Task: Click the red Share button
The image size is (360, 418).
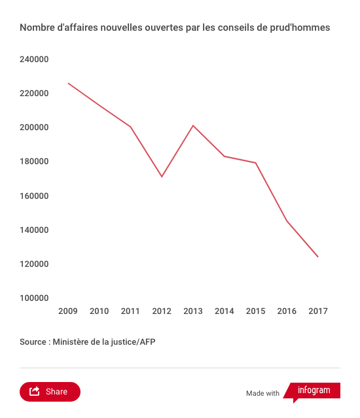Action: (x=50, y=392)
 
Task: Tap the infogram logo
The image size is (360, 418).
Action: (x=312, y=392)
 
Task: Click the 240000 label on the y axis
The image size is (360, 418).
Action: (x=34, y=59)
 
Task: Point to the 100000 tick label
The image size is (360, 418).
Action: (x=34, y=298)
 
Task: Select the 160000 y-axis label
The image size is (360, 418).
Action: (x=34, y=196)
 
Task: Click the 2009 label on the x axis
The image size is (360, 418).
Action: (x=67, y=311)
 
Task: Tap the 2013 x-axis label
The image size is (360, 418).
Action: (x=193, y=311)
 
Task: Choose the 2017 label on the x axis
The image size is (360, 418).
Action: (x=318, y=311)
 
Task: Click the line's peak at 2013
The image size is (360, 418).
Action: (x=193, y=126)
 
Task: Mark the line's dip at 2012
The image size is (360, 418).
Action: (x=162, y=177)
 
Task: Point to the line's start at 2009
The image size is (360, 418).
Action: (x=68, y=83)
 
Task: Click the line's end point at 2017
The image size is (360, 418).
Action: (x=318, y=256)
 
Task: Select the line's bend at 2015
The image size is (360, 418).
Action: (x=255, y=163)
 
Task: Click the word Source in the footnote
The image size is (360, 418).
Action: (x=33, y=341)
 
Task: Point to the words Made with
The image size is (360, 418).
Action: (x=262, y=393)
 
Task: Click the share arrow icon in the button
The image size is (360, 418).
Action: (x=35, y=391)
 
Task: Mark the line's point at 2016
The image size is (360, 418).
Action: (x=287, y=220)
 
